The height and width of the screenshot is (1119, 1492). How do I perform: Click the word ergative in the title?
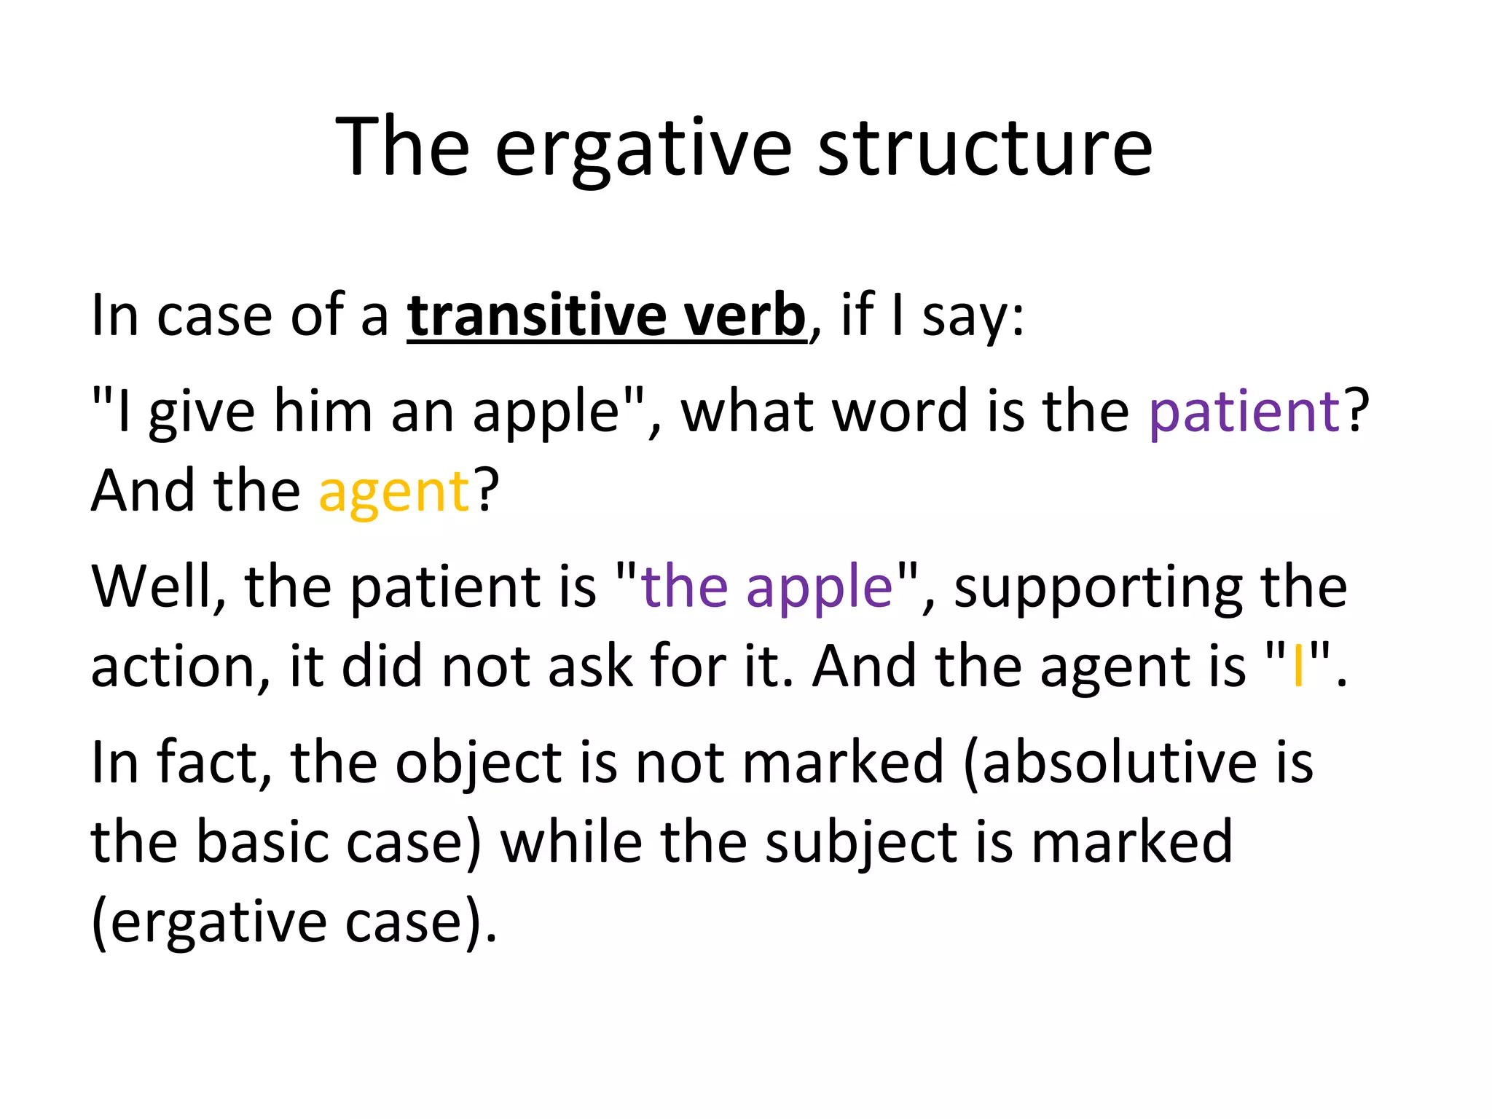coord(643,149)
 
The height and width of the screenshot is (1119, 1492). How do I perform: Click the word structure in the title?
coord(985,149)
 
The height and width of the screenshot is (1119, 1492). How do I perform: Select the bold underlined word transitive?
coord(536,315)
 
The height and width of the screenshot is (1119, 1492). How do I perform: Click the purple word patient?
coord(1244,412)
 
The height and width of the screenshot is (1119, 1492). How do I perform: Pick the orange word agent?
coord(394,493)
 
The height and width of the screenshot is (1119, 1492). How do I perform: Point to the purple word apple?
coord(820,587)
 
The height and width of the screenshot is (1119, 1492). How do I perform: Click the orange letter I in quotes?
coord(1297,667)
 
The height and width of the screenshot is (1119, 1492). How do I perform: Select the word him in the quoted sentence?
coord(323,412)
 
